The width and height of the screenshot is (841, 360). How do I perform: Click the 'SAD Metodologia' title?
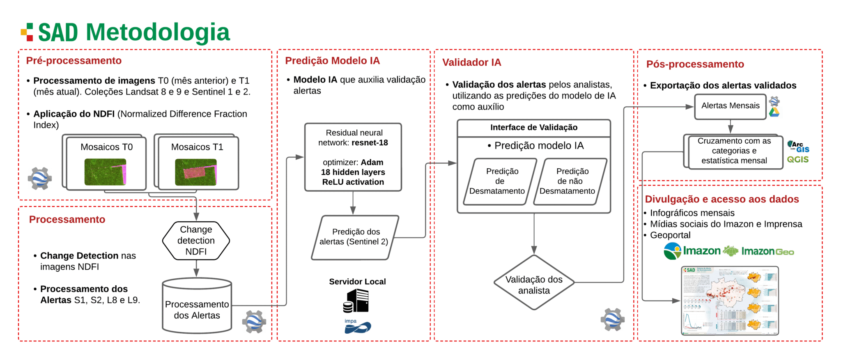(x=134, y=32)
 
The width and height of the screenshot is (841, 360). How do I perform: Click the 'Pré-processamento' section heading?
(x=74, y=61)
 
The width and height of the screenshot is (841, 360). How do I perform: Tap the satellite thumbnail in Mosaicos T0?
(x=105, y=172)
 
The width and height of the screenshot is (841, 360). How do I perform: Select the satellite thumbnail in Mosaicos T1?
(x=195, y=172)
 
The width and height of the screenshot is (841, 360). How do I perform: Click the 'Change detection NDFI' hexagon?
(x=196, y=241)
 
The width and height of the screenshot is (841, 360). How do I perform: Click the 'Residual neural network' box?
(x=353, y=157)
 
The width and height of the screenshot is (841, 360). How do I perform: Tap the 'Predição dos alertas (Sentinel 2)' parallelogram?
(x=355, y=237)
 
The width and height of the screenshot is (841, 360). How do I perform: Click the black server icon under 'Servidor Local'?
(x=356, y=300)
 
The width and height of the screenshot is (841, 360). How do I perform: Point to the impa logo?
(x=357, y=326)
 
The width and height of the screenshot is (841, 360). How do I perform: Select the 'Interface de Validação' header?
(x=534, y=128)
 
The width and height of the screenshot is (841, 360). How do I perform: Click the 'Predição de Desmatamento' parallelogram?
(x=499, y=181)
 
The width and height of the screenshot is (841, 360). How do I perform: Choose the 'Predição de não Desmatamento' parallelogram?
(x=570, y=181)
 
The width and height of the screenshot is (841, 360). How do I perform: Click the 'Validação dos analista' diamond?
(x=534, y=283)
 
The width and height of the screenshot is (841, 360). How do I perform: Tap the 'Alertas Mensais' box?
(x=730, y=106)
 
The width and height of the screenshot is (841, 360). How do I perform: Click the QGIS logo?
(x=797, y=160)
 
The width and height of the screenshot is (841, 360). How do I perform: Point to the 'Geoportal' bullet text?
(x=670, y=235)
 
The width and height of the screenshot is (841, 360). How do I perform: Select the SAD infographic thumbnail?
(x=730, y=300)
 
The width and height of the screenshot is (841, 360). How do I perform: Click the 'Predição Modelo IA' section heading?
(x=332, y=61)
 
